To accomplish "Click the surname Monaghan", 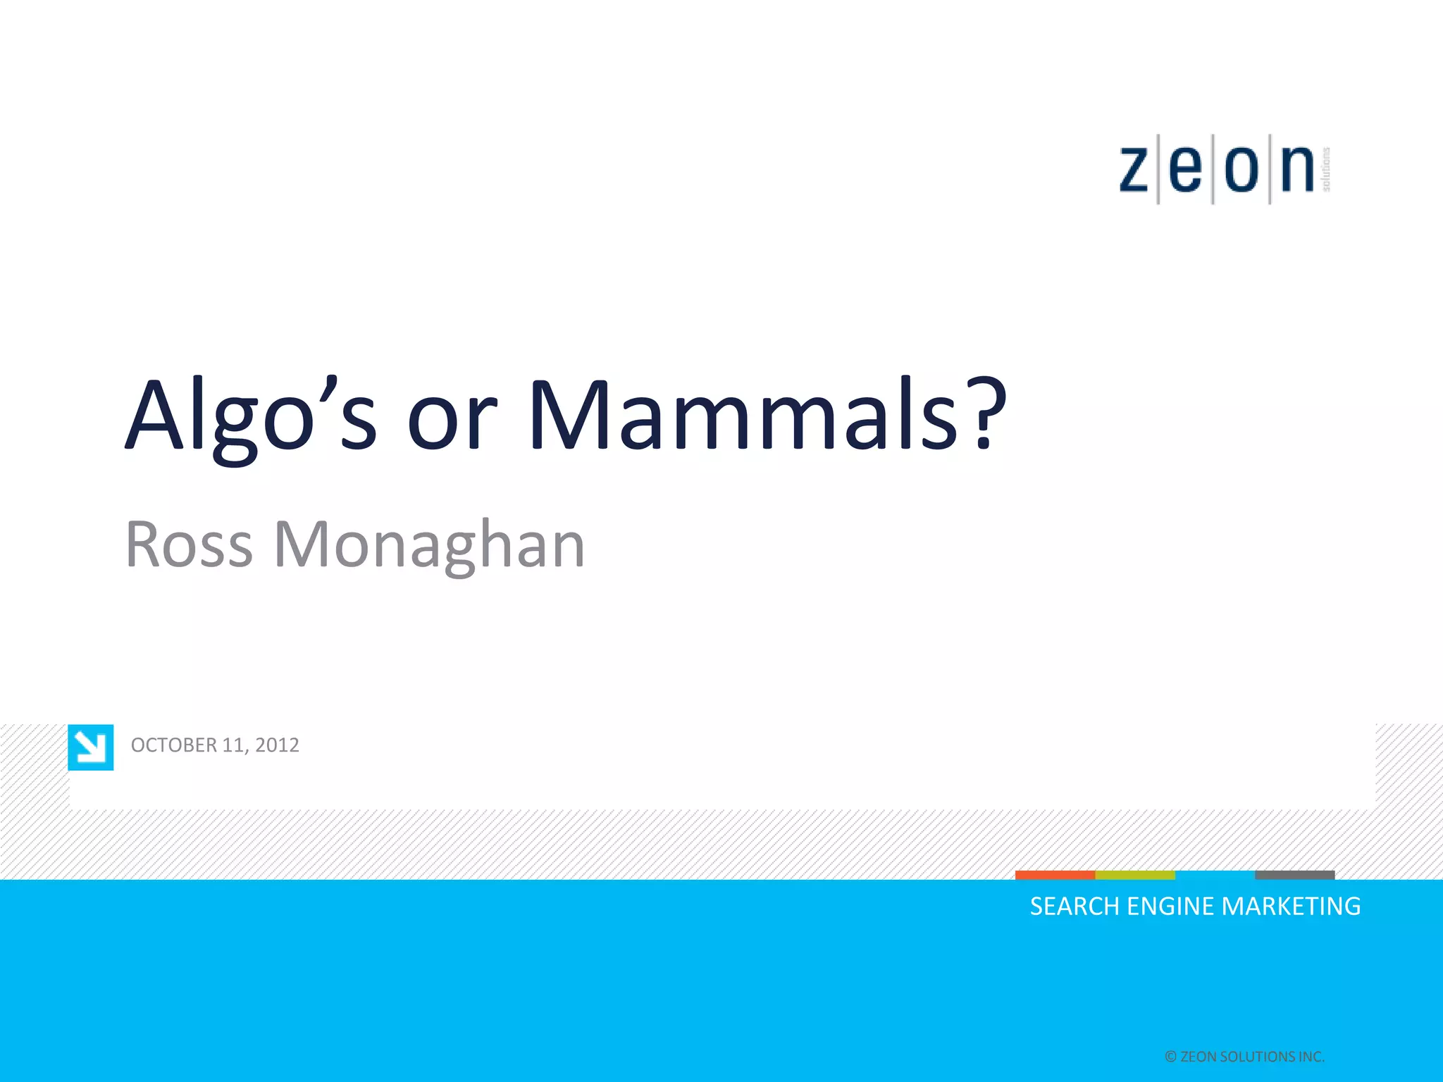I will (429, 546).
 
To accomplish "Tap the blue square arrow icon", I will (91, 747).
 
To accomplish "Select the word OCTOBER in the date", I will (174, 745).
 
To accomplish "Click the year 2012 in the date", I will (277, 745).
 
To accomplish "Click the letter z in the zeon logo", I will (1134, 170).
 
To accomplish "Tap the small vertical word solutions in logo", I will (1326, 169).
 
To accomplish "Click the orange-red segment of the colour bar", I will (1055, 875).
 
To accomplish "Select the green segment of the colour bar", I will (1135, 875).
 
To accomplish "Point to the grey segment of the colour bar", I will (1294, 875).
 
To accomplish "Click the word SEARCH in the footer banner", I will (1074, 907).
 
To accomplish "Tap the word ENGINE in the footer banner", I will (1170, 907).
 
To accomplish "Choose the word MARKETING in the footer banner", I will (1291, 907).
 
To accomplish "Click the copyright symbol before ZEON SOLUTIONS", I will (1170, 1057).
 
